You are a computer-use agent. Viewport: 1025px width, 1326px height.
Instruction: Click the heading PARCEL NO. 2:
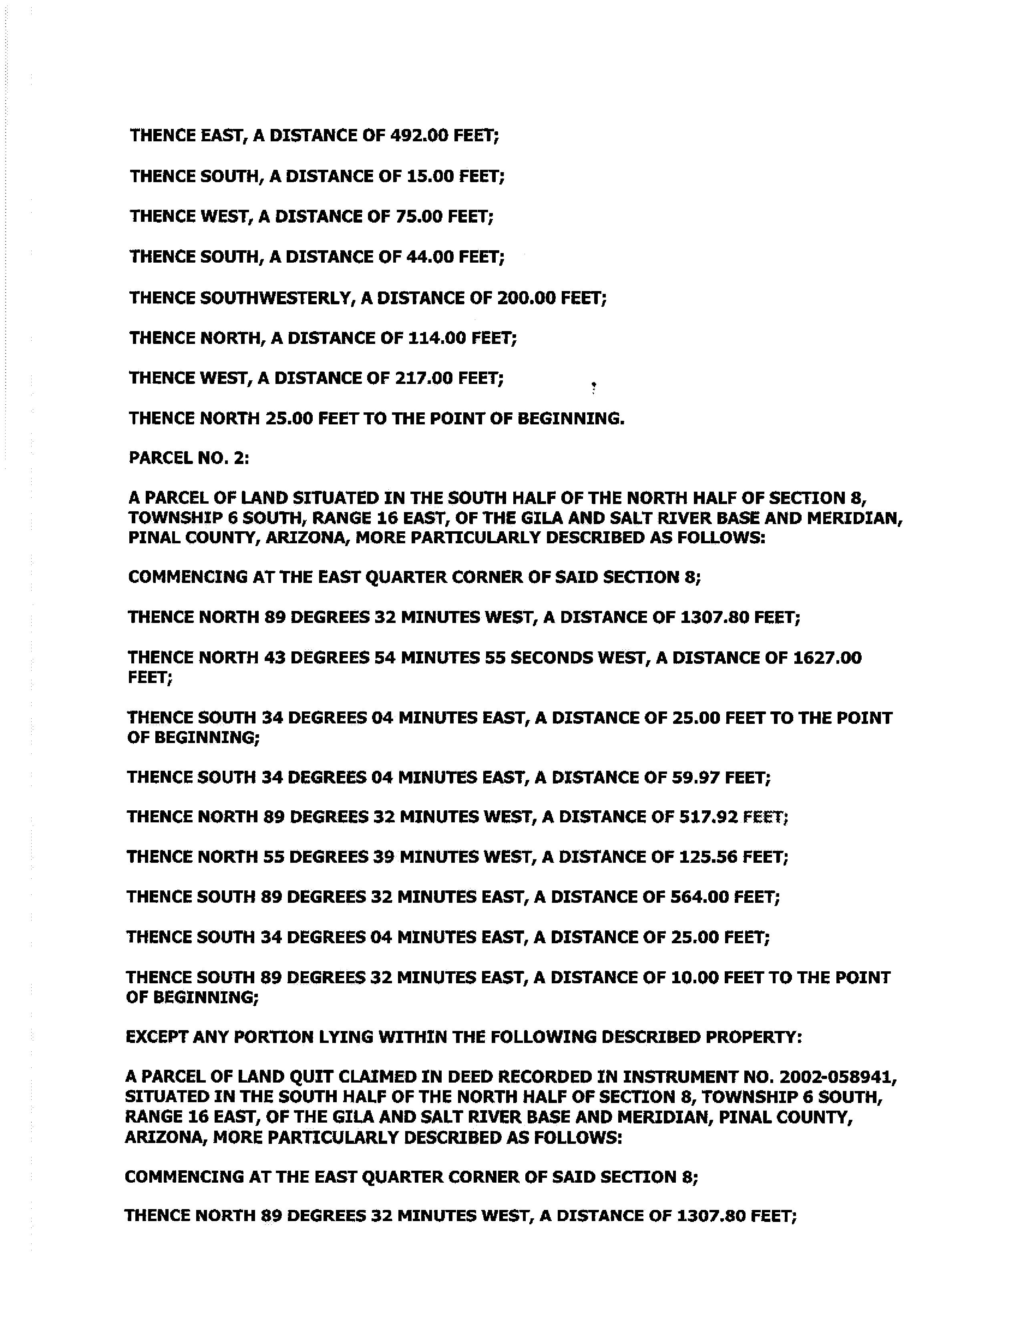coord(189,458)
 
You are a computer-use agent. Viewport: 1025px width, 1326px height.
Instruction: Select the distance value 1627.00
coord(827,657)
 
